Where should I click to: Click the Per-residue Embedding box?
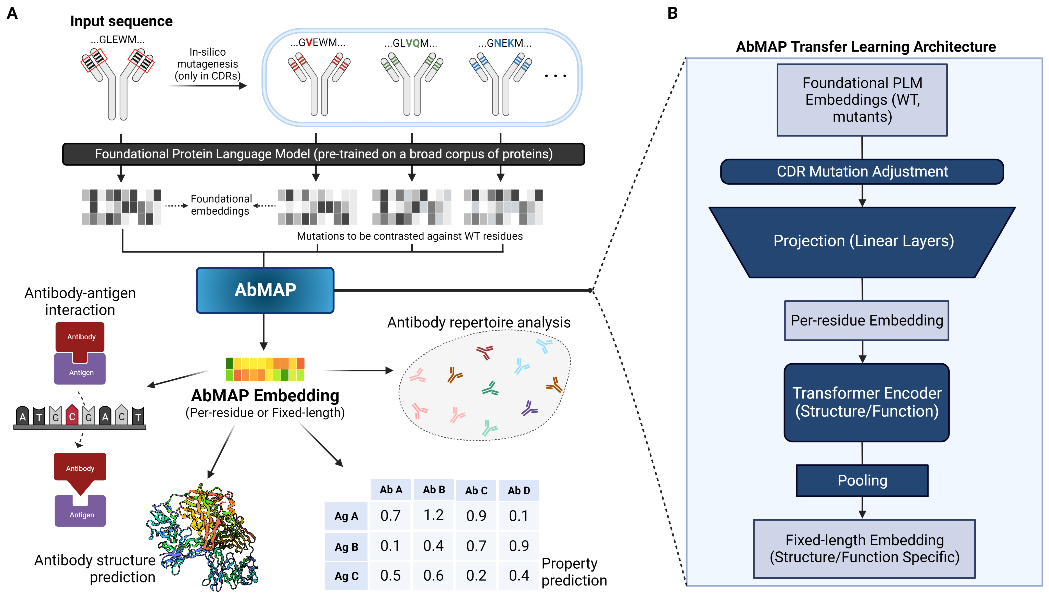pyautogui.click(x=866, y=320)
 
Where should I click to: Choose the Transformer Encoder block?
pyautogui.click(x=866, y=403)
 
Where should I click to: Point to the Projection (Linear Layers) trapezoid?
pyautogui.click(x=862, y=242)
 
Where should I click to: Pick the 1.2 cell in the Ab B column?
pyautogui.click(x=434, y=515)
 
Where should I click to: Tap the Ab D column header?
pyautogui.click(x=519, y=490)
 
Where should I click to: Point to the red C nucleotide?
pyautogui.click(x=72, y=416)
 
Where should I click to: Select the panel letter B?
pyautogui.click(x=672, y=13)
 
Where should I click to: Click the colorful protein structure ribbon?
pyautogui.click(x=205, y=534)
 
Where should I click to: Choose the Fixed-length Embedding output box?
pyautogui.click(x=864, y=549)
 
